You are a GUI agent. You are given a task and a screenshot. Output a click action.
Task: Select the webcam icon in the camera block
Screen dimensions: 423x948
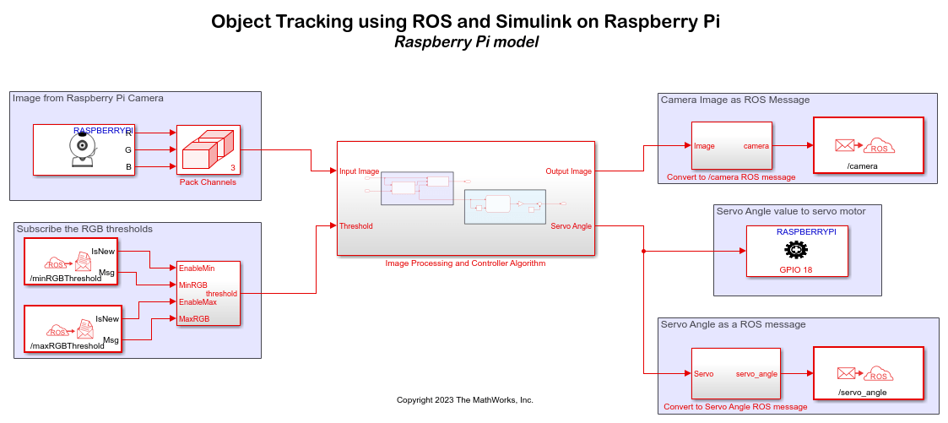82,149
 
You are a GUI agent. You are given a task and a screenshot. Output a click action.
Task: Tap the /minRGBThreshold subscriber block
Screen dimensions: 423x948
70,261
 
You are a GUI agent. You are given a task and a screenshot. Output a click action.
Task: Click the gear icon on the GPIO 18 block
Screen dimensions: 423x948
795,250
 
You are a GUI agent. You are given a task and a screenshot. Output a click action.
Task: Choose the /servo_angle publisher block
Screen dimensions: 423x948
867,372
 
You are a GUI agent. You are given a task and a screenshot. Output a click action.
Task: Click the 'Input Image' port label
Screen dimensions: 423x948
359,171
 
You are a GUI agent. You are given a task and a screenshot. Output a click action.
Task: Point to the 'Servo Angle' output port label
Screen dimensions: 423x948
572,225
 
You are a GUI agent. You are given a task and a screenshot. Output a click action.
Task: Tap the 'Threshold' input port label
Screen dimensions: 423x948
355,226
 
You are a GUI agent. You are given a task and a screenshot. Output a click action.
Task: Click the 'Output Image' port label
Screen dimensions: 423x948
569,171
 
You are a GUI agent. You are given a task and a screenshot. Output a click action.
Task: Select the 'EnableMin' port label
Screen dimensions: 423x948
198,268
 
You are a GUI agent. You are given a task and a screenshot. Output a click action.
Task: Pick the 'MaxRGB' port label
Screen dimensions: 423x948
193,318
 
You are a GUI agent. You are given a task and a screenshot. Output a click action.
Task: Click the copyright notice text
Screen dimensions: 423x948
464,399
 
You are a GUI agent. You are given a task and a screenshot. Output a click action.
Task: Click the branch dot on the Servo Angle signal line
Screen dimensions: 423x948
644,251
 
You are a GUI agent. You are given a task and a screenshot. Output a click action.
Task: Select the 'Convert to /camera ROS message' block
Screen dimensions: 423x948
731,146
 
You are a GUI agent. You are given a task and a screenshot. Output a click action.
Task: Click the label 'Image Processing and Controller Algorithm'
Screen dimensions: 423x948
465,263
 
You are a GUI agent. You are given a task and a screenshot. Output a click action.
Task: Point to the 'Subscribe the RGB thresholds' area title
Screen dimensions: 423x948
84,229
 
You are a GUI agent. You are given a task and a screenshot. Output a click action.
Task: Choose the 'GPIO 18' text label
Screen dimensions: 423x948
795,269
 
